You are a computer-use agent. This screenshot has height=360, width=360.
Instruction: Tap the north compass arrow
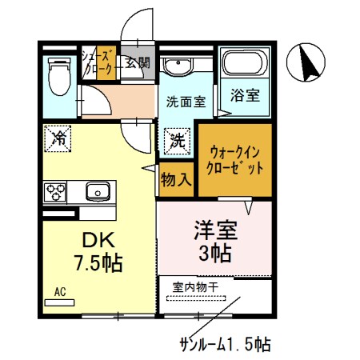[307, 62]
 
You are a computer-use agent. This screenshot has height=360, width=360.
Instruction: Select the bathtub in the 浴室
[245, 66]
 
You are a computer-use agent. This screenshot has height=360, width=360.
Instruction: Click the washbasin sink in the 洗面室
[177, 66]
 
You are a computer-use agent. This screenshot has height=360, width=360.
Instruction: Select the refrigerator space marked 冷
[58, 137]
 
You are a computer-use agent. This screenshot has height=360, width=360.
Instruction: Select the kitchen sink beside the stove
[98, 191]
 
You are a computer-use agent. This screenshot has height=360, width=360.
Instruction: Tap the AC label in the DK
[61, 292]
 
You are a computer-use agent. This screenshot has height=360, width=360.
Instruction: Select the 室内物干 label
[196, 285]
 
